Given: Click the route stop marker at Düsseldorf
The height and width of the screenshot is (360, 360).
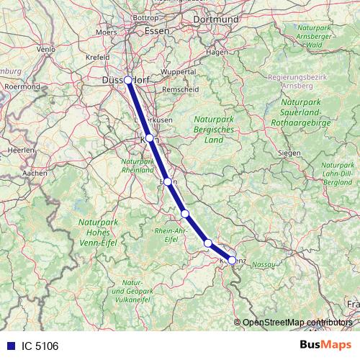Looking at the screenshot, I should [x=127, y=80].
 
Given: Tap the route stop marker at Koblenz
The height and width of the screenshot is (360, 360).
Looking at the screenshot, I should [x=232, y=260].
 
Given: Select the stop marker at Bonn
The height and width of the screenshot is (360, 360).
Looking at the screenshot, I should [x=168, y=182].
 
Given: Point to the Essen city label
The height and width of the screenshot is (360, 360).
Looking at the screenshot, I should [x=156, y=31].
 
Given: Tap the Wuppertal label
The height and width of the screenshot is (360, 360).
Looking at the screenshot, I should [x=179, y=72].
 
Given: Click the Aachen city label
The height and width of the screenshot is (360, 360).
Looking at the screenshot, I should [x=35, y=173].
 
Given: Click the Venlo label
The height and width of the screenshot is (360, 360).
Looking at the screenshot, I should [x=46, y=49].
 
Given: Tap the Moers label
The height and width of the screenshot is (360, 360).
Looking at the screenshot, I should [x=106, y=32].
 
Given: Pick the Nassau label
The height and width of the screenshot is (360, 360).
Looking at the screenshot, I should [x=265, y=266].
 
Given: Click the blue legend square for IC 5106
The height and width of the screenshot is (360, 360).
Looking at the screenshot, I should [x=9, y=346].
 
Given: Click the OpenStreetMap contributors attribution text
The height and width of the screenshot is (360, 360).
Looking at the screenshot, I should [x=297, y=322].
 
